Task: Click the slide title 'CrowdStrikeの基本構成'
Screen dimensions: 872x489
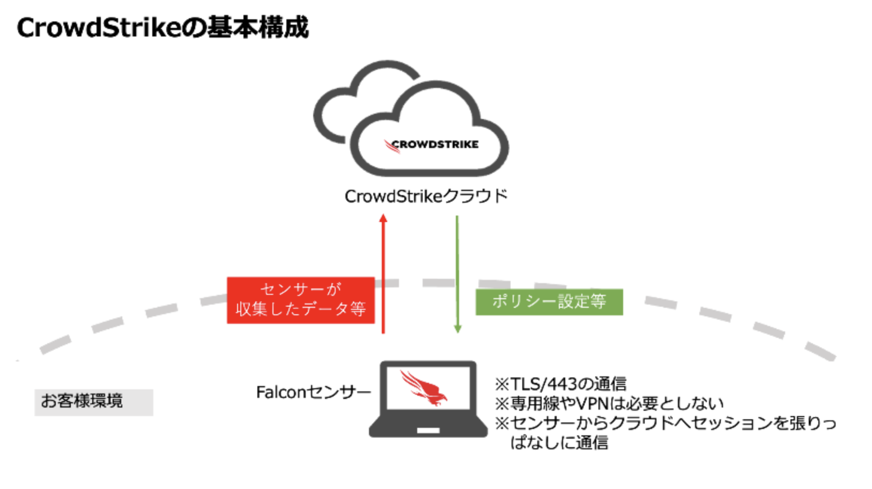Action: [x=162, y=28]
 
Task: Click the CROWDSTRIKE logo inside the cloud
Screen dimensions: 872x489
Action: [x=431, y=145]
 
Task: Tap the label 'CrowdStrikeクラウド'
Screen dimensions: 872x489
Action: [x=426, y=196]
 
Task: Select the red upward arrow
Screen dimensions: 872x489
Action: [x=383, y=273]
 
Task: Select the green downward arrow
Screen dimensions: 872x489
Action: [x=457, y=274]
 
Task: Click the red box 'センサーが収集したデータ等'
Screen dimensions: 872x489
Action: [x=301, y=300]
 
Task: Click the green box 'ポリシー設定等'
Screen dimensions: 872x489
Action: [x=549, y=302]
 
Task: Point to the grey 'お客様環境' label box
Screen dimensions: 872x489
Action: [x=94, y=402]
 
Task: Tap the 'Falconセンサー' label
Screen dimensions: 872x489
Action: [x=313, y=392]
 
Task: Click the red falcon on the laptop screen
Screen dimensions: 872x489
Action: [x=424, y=388]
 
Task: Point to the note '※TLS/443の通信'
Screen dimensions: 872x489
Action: [x=560, y=384]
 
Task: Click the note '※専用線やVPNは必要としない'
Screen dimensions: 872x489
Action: [x=609, y=404]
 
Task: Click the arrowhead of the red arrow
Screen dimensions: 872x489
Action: [x=383, y=218]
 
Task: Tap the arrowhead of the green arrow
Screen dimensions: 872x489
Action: [x=458, y=329]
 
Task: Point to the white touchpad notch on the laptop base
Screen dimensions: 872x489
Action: [x=428, y=431]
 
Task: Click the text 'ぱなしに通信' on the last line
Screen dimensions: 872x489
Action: [x=559, y=443]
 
